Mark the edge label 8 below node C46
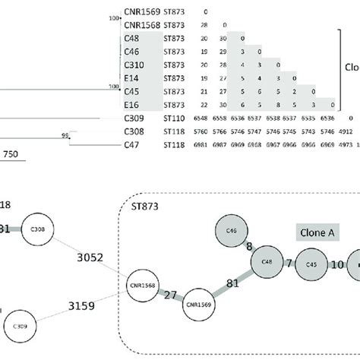(250, 246)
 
